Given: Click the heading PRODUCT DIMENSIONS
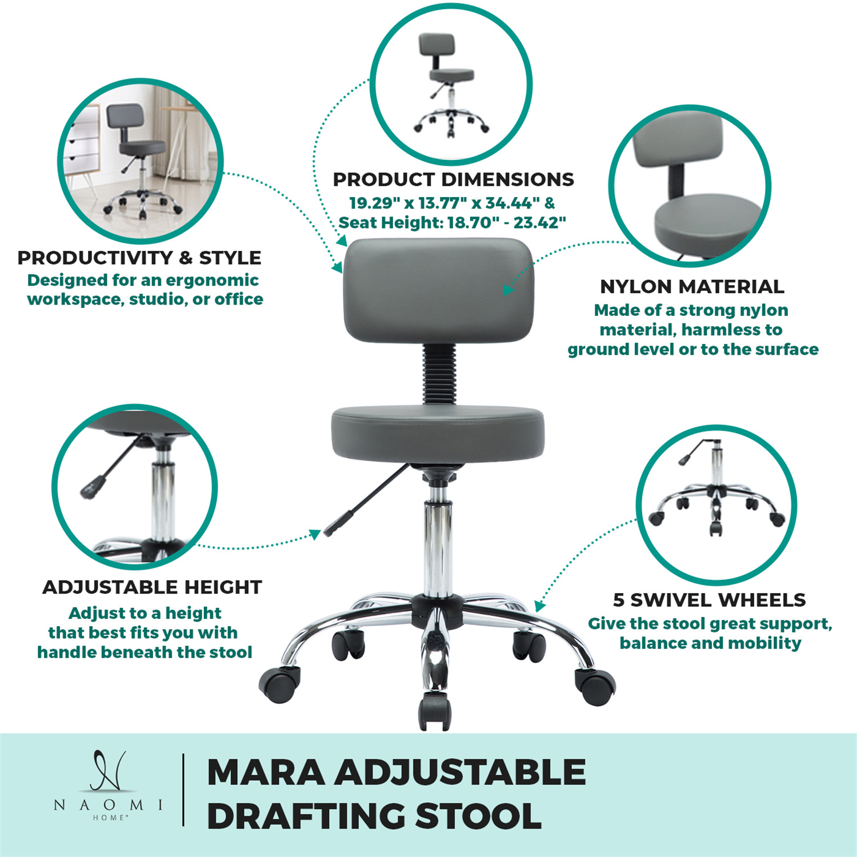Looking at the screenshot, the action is [x=453, y=179].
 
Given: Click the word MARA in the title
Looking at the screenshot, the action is [x=266, y=772].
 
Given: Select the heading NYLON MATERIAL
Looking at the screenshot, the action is [x=692, y=286].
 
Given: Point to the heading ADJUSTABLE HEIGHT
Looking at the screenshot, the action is [x=152, y=587].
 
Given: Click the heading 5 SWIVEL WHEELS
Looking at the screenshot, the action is [x=709, y=600].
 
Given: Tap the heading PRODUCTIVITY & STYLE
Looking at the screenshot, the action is [x=139, y=258].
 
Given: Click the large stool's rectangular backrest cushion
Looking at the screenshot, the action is [x=438, y=291].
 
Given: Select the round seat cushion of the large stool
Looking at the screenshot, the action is [x=438, y=432].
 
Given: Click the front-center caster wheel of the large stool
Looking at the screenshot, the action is [x=435, y=711].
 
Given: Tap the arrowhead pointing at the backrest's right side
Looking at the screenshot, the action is [x=508, y=289].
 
